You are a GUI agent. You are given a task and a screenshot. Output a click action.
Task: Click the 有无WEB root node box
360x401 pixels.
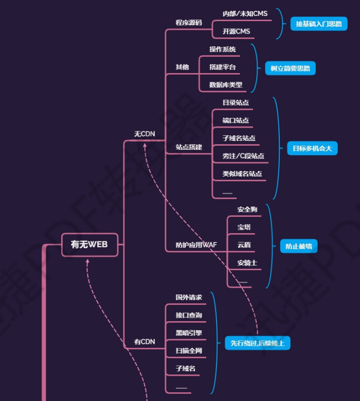click(89, 245)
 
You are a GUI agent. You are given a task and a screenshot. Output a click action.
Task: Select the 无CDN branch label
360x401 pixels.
click(145, 134)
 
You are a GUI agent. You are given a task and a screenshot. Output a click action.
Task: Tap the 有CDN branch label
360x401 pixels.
click(145, 341)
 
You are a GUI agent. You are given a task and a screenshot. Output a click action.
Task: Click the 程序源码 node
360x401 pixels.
click(189, 23)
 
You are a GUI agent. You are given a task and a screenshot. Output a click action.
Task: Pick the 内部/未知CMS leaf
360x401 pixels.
click(245, 13)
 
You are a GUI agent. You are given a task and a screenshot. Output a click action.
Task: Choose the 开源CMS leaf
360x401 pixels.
click(236, 31)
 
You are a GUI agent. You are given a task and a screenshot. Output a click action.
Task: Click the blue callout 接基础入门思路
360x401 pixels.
click(318, 24)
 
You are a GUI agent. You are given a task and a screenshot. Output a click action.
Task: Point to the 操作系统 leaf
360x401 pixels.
click(222, 49)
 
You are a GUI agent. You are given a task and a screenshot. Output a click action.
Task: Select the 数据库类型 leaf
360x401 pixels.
click(225, 85)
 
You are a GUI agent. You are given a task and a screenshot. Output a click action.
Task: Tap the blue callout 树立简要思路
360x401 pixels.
click(291, 68)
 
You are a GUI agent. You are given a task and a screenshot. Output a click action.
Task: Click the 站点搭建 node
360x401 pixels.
click(189, 147)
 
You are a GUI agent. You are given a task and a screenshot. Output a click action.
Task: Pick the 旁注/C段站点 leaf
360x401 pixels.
click(243, 156)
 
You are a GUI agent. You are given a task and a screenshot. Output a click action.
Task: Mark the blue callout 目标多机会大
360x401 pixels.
click(312, 149)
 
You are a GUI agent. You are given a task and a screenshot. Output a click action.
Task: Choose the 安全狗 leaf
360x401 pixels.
click(247, 210)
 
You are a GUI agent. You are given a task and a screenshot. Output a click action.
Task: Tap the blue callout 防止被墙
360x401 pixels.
click(298, 246)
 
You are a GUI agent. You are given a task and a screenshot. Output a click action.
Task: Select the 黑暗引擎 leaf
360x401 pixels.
click(188, 333)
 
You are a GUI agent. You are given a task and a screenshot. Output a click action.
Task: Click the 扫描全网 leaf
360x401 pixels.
click(188, 351)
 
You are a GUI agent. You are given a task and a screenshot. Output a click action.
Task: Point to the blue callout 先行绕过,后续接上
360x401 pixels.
click(257, 343)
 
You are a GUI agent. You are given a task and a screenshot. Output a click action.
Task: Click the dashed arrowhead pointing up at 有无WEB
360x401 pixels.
click(87, 261)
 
